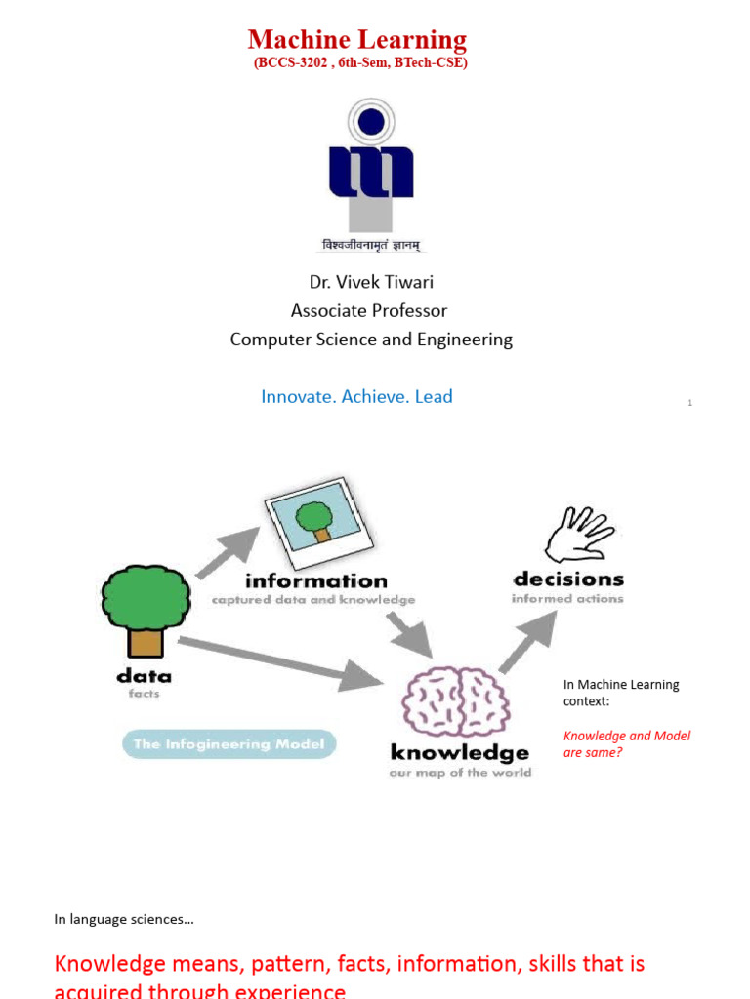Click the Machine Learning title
click(x=357, y=39)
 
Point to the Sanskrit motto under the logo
click(x=371, y=246)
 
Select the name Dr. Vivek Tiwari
click(x=371, y=282)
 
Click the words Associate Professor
click(x=369, y=311)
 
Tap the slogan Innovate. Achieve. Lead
click(x=356, y=396)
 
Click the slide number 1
click(x=689, y=403)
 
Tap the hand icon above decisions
click(x=580, y=535)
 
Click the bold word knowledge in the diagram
click(x=459, y=753)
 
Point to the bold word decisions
click(x=568, y=579)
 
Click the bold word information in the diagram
click(x=315, y=581)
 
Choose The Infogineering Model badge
click(x=229, y=744)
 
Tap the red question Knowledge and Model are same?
click(x=626, y=743)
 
